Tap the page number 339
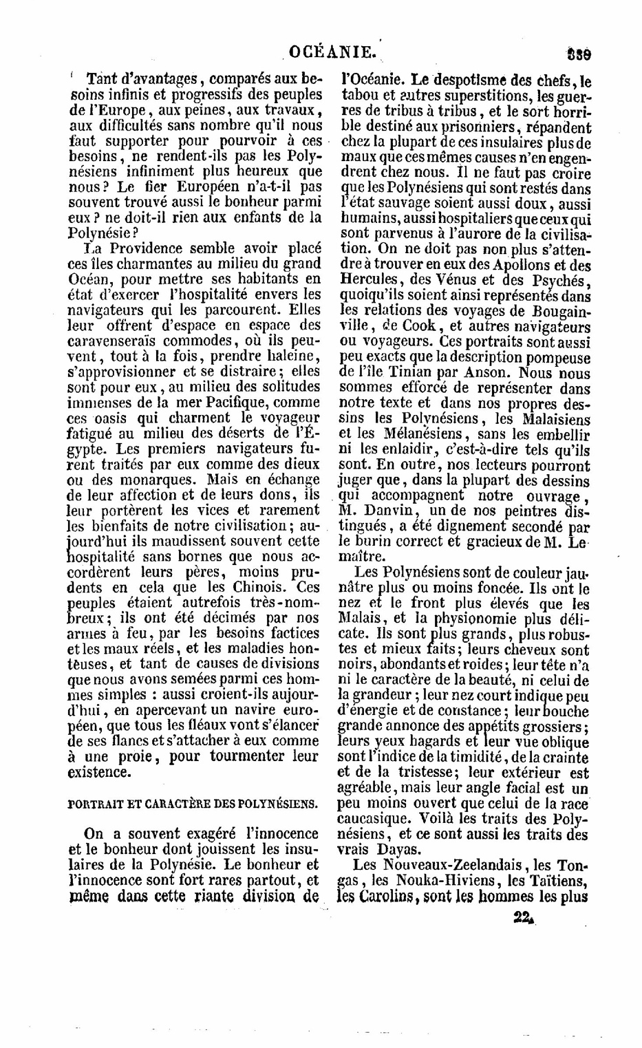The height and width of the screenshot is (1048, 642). pos(581,53)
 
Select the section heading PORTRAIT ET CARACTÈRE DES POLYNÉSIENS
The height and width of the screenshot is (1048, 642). pos(193,803)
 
